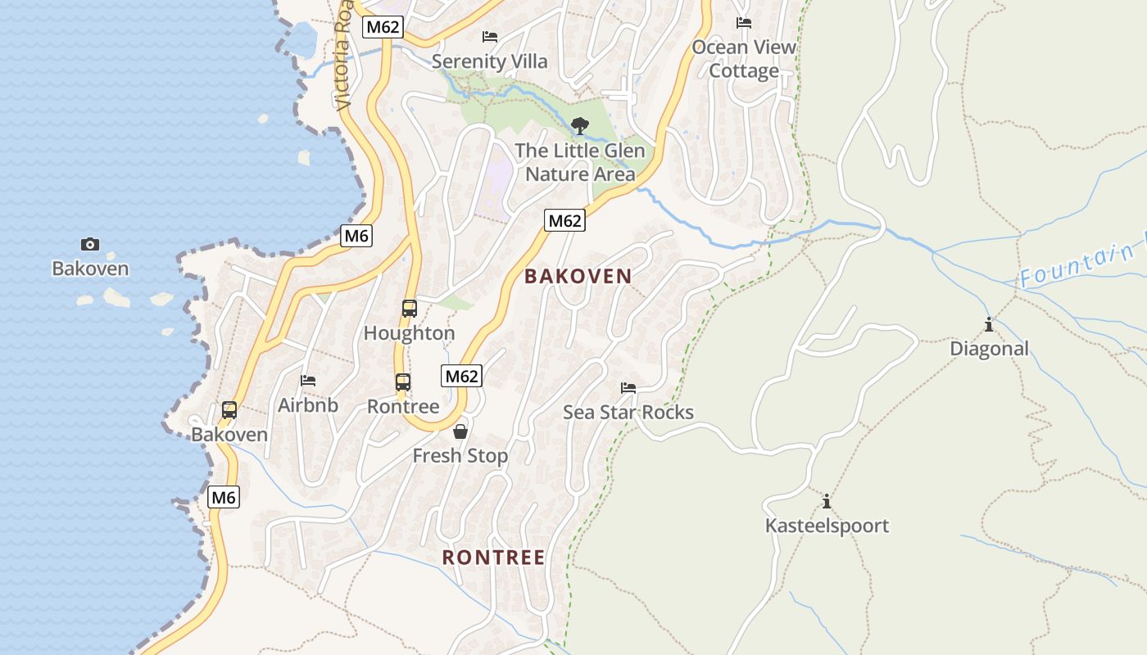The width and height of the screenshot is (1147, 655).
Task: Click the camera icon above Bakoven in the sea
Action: point(90,244)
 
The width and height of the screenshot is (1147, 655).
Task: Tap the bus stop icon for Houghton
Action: point(410,309)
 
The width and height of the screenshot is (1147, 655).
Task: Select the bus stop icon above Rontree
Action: point(403,382)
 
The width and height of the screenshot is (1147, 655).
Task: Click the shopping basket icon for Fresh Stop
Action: point(460,431)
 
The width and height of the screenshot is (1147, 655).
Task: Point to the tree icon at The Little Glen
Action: point(580,126)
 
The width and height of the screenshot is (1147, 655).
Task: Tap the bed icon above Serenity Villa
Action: point(490,37)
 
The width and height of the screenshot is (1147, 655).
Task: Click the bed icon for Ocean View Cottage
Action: point(744,23)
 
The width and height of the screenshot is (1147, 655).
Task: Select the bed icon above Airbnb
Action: point(308,381)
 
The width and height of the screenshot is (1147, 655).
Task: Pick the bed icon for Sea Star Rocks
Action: point(628,388)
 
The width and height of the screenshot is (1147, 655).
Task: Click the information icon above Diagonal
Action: point(989,325)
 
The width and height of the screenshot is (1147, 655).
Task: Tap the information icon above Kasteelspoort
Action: point(827,501)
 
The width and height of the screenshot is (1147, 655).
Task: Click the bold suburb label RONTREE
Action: point(493,558)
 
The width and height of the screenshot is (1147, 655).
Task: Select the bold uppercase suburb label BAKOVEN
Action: point(578,277)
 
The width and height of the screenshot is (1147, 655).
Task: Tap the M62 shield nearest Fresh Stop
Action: point(462,376)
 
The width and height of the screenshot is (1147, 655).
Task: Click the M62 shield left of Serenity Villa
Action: point(383,27)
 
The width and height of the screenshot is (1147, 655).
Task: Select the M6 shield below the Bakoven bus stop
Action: point(224,497)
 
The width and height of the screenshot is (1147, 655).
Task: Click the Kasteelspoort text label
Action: point(827,526)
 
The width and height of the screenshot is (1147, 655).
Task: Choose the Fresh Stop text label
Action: point(460,456)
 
